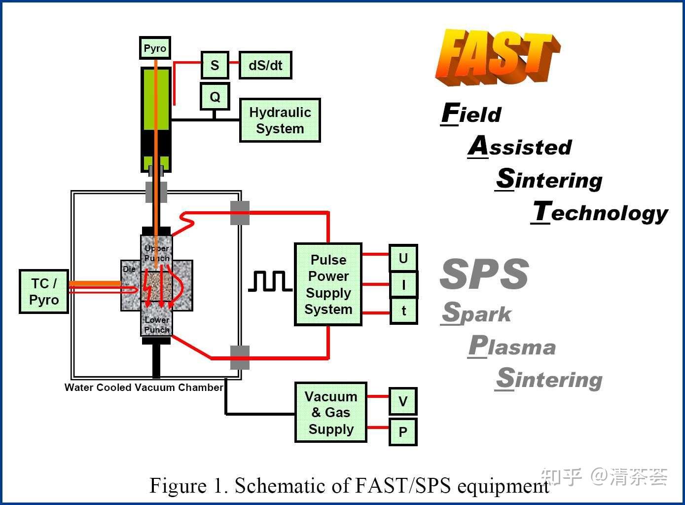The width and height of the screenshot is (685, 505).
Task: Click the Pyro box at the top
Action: point(155,48)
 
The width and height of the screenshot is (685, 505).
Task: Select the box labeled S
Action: point(215,65)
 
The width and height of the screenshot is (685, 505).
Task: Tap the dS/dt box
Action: point(265,65)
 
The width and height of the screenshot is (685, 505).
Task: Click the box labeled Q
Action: point(215,96)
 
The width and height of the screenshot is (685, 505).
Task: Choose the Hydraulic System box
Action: point(280,120)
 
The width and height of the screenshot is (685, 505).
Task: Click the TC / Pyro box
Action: point(44,291)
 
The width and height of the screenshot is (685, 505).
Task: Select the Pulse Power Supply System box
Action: point(328,284)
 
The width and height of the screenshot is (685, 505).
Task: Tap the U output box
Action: point(403,258)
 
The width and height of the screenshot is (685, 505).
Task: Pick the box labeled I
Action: point(403,284)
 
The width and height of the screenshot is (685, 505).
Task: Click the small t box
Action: point(403,311)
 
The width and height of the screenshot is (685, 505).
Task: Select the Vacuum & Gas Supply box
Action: point(330,412)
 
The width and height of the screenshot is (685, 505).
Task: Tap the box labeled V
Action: point(403,401)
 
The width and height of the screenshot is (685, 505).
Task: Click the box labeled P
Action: point(403,432)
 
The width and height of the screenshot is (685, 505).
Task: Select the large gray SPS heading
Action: point(484,274)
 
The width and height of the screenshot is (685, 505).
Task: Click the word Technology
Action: point(600,212)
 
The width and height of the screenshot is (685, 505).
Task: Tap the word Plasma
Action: point(512,346)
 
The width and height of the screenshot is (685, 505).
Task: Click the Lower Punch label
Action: point(157,324)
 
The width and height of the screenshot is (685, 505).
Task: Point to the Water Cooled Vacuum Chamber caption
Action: point(144,388)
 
